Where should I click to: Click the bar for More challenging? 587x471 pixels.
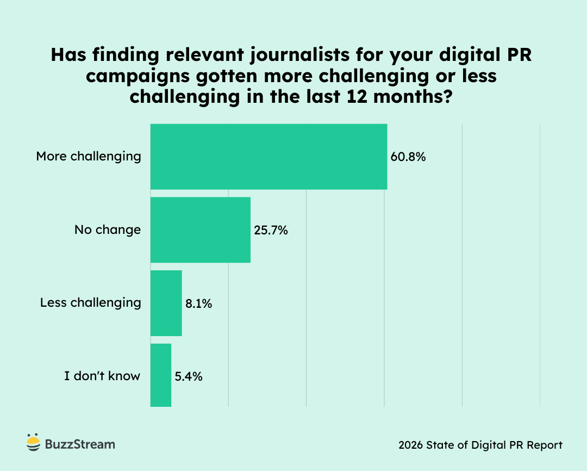[x=268, y=157]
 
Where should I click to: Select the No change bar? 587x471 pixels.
[x=200, y=230]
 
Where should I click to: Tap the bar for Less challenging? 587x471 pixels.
[x=166, y=303]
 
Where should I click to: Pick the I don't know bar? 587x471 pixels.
[x=161, y=375]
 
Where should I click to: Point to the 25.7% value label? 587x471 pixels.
[x=271, y=230]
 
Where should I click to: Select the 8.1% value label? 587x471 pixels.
[x=198, y=303]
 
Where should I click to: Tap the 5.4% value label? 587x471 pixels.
[x=189, y=376]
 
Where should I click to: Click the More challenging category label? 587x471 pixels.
[x=89, y=157]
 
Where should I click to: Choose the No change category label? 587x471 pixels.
[x=108, y=230]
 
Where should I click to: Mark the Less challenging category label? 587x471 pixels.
[x=91, y=302]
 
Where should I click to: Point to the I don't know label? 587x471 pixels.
[x=102, y=375]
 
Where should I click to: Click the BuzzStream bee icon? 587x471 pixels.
[x=33, y=443]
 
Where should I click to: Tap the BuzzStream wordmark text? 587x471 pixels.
[x=80, y=444]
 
